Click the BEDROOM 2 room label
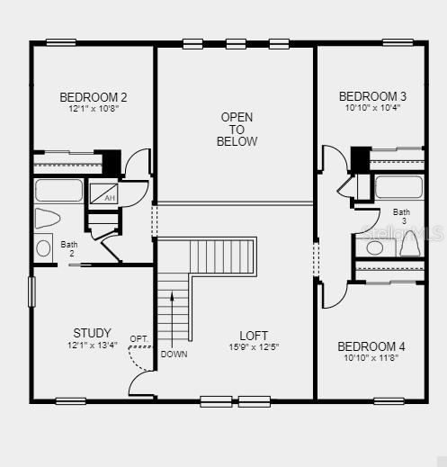point(93,97)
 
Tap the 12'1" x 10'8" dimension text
point(93,108)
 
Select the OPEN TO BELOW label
point(237,129)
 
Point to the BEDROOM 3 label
point(372,96)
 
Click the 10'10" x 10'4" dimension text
point(372,107)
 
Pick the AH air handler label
point(110,198)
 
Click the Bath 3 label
point(401,216)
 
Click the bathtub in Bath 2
point(58,191)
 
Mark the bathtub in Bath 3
point(398,187)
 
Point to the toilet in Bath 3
point(410,244)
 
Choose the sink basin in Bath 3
point(374,247)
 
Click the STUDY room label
point(93,333)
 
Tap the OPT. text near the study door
point(139,339)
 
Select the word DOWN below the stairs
point(174,354)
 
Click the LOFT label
point(254,336)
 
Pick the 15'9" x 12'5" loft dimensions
point(254,346)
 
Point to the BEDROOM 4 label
point(371,346)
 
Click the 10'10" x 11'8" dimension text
point(371,357)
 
